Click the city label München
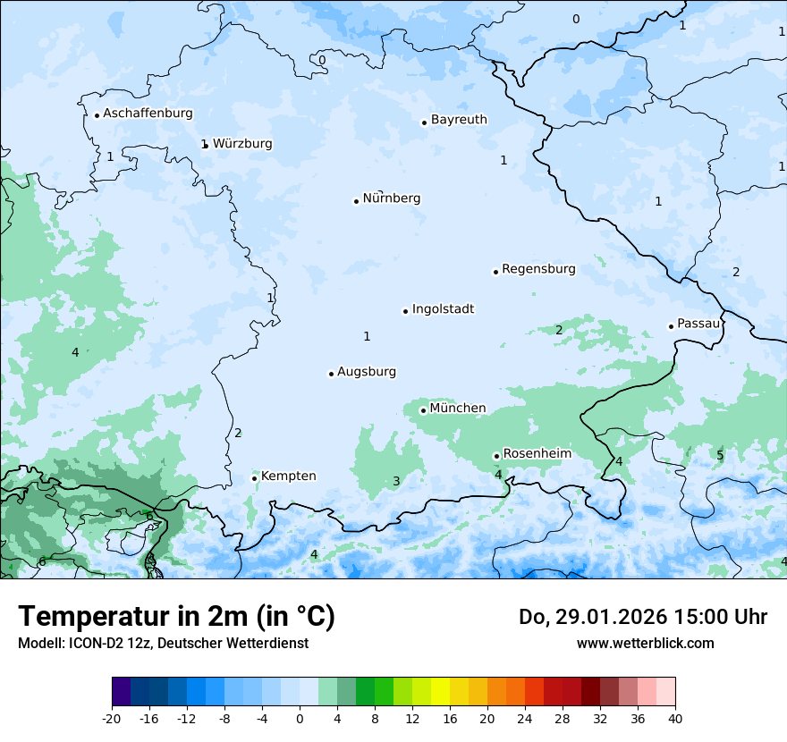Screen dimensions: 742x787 click(457, 409)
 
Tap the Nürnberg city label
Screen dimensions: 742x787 click(391, 198)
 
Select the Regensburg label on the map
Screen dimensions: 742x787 click(538, 269)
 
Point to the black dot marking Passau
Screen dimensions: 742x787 click(671, 326)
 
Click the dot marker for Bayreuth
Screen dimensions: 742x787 click(425, 122)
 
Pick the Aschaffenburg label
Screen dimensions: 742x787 click(148, 114)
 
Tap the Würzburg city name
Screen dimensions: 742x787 click(242, 144)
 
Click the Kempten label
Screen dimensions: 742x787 click(288, 476)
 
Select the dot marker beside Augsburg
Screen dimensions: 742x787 click(331, 374)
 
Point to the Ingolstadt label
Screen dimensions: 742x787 click(443, 309)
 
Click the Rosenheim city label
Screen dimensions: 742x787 click(537, 454)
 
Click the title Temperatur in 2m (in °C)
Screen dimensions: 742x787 click(176, 616)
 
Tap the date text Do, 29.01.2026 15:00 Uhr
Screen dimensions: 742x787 click(642, 617)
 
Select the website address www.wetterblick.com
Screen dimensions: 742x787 click(645, 643)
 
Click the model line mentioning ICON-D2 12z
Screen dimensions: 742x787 click(163, 643)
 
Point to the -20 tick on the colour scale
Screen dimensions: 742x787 click(112, 718)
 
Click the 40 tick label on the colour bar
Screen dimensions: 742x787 click(675, 718)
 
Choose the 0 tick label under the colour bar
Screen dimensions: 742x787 click(300, 718)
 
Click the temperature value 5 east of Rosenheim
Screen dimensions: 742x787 click(720, 456)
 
